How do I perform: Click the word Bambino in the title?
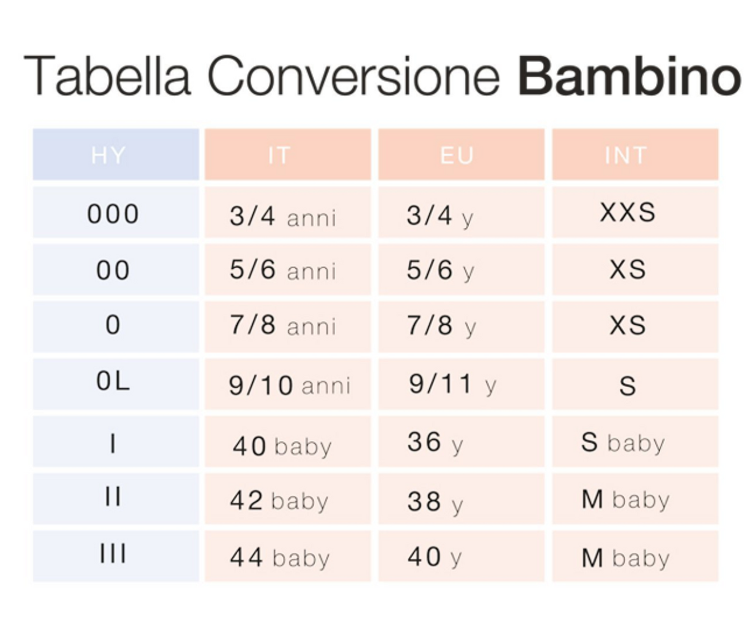(629, 76)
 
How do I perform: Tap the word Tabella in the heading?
(107, 76)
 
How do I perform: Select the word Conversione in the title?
(354, 76)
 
